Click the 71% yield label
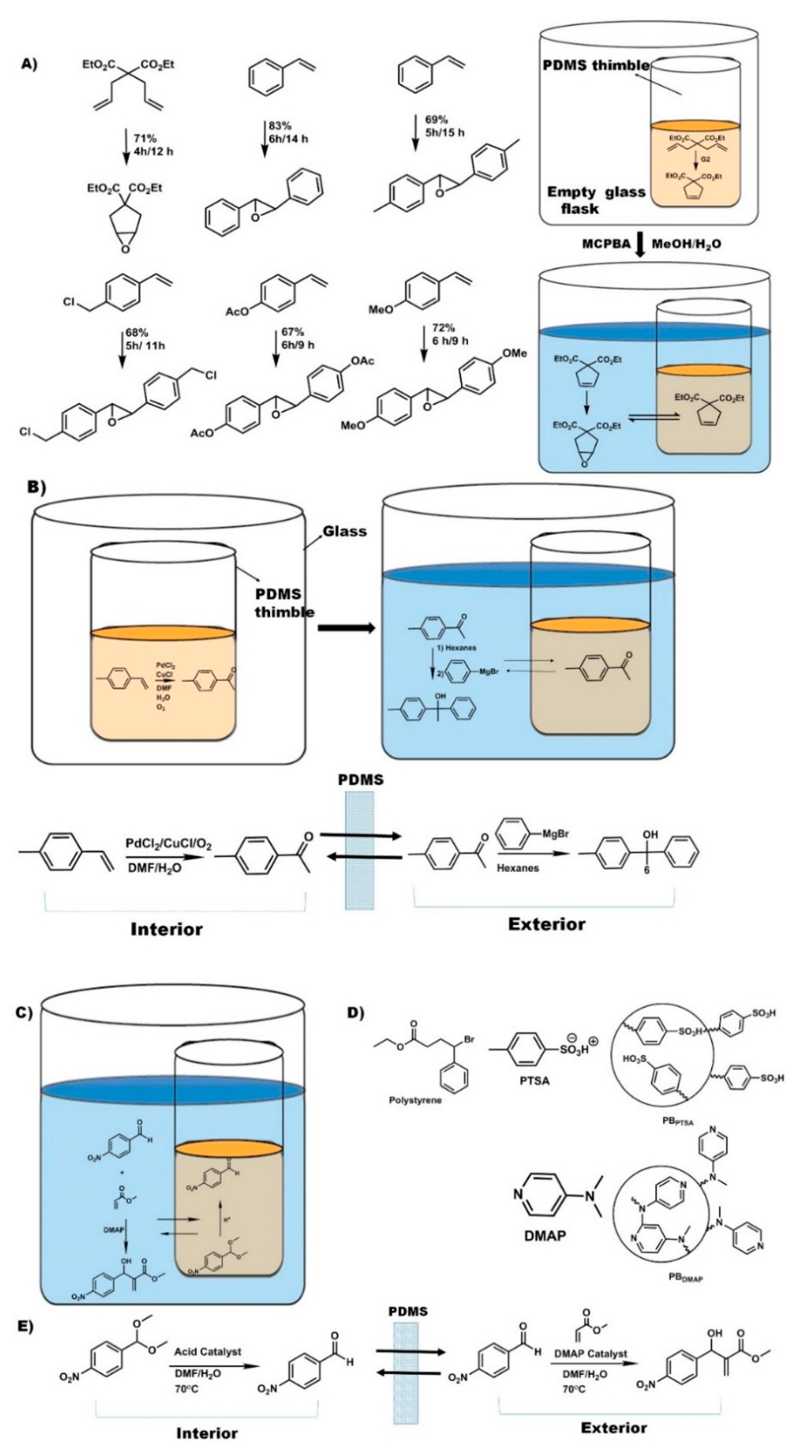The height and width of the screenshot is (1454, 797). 145,138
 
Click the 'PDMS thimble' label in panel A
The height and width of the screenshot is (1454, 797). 596,66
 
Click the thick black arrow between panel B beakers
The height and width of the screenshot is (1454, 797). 345,628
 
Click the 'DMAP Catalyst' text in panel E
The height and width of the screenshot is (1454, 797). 590,1353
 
